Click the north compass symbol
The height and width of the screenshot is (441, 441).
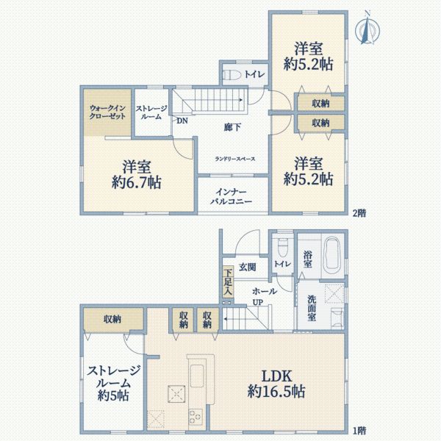(x=366, y=30)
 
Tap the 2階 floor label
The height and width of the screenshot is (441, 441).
(x=358, y=213)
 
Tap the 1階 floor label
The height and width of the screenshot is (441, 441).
(x=358, y=430)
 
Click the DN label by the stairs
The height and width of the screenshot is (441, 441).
(x=181, y=121)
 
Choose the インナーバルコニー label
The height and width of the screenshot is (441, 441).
(x=232, y=194)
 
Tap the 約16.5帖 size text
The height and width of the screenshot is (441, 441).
(x=276, y=391)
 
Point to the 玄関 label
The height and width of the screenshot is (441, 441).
(x=247, y=268)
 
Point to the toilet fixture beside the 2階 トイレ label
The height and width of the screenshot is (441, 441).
(x=231, y=74)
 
